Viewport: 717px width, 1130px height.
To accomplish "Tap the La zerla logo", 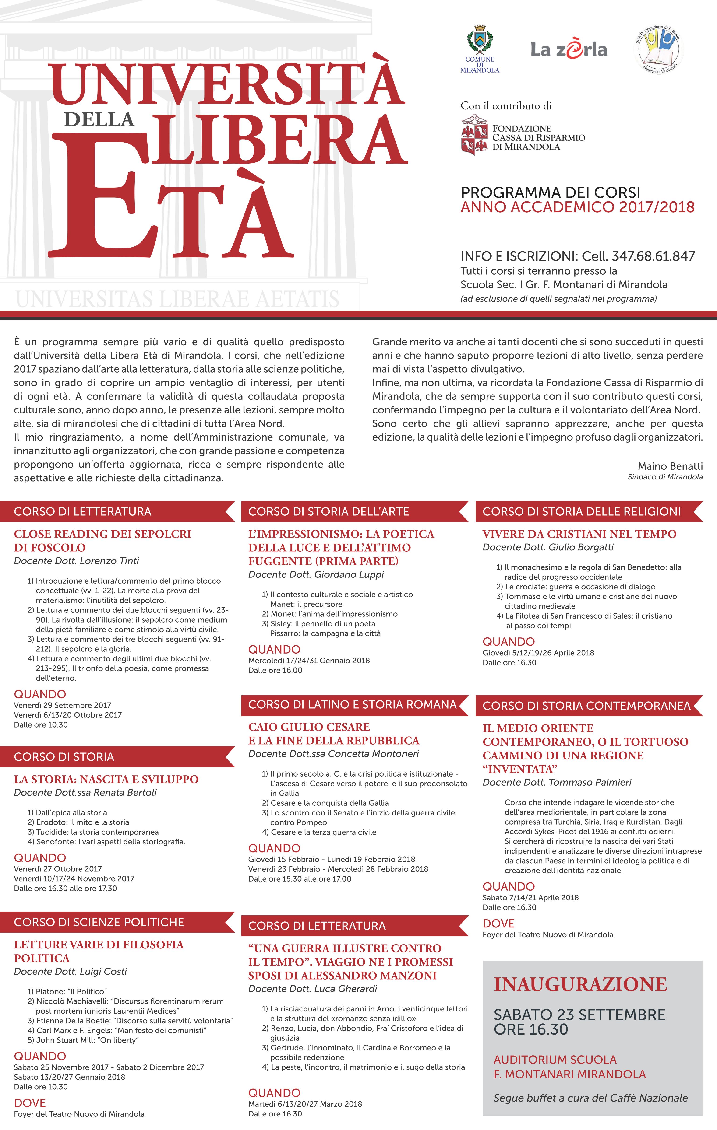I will tap(569, 49).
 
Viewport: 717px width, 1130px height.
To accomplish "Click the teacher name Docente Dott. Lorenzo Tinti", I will tap(77, 561).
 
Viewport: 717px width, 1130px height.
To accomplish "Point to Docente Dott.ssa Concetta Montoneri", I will tap(333, 754).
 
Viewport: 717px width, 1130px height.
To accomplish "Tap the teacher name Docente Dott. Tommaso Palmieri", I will tap(557, 782).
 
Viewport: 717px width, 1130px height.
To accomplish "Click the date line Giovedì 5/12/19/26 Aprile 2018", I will tap(538, 653).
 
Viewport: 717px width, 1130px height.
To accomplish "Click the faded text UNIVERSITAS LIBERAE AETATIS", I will tap(177, 299).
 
